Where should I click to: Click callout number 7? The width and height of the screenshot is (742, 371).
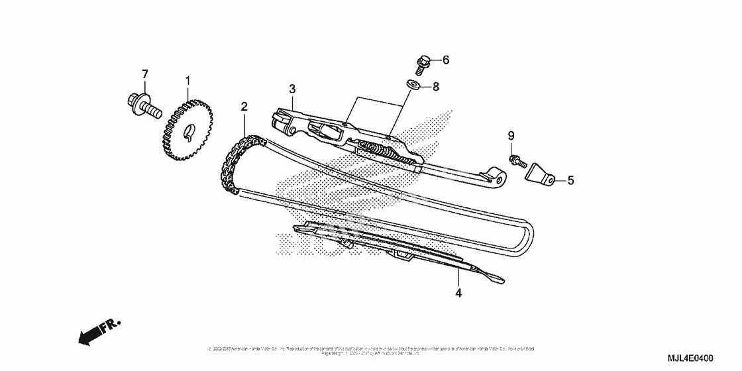145,73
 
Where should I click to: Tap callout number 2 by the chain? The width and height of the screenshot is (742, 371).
244,107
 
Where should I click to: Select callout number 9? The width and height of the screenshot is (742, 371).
511,136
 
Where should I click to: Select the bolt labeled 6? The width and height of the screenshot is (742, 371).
422,64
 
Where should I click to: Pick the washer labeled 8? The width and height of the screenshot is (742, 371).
411,85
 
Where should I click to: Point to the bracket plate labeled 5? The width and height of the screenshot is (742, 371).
541,175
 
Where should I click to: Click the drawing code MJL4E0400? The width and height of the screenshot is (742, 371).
684,358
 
